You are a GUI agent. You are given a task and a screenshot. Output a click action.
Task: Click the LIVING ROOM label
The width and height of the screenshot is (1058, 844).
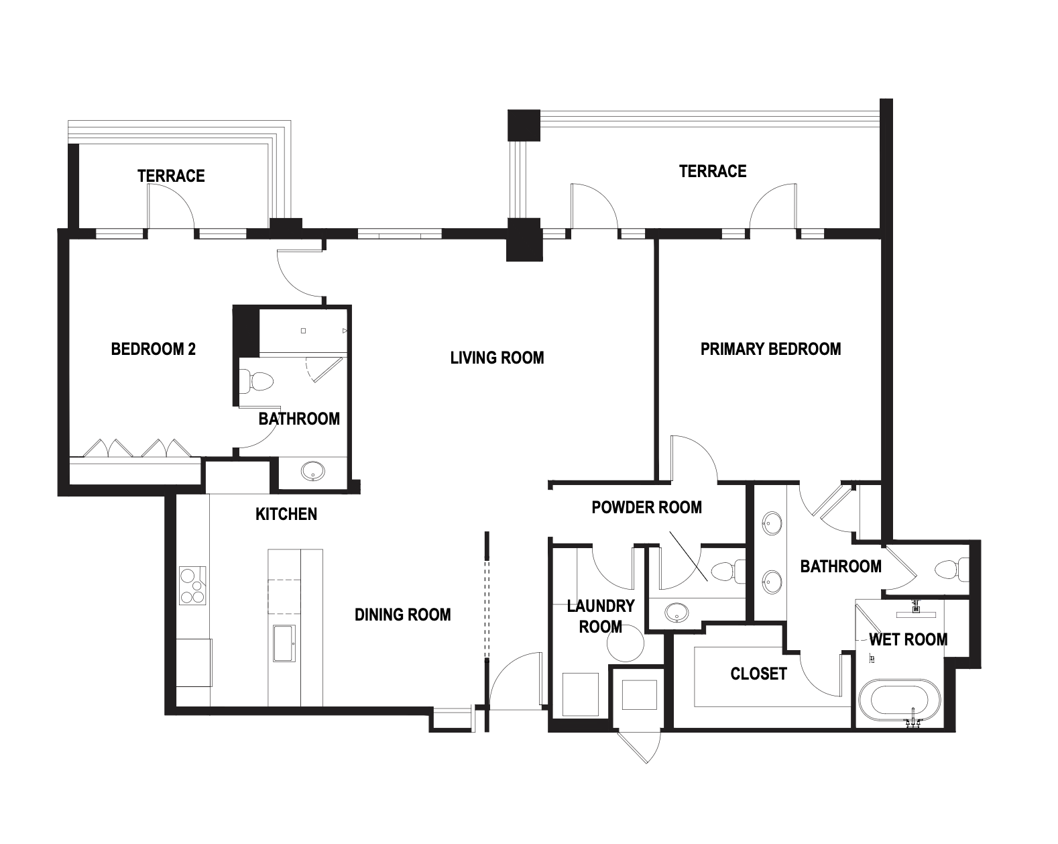pos(497,358)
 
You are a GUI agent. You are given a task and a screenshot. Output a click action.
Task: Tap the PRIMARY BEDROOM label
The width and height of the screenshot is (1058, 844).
pos(770,349)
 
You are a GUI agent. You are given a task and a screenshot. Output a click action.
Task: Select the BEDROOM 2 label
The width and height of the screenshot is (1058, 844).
pos(154,349)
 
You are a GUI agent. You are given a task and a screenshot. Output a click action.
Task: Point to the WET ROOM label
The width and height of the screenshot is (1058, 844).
pos(908,639)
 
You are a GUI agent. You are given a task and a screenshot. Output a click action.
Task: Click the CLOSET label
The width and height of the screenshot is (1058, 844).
pos(758,674)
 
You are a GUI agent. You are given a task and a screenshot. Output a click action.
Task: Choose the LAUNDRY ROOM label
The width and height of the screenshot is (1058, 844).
pos(601,616)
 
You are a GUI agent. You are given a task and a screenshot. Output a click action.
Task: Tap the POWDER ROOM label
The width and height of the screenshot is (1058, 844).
pos(646,507)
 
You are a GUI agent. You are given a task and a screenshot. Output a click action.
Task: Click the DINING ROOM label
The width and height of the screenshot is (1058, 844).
pos(403,615)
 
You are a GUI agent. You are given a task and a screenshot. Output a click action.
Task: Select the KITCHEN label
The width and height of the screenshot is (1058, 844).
pos(286,515)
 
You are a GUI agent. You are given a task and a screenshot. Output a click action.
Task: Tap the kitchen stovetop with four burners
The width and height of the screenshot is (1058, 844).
pos(192,586)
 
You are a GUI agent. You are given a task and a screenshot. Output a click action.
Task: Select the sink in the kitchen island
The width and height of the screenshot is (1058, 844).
pos(284,643)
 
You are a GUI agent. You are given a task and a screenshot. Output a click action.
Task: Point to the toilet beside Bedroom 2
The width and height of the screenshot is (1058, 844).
pos(256,381)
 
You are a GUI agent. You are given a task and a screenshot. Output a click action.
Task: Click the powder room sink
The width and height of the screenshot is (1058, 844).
pos(677,613)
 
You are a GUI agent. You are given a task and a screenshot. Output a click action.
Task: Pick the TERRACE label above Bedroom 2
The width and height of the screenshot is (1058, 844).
pos(171,176)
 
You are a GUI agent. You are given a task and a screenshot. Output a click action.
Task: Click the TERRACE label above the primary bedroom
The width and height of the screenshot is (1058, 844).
pos(713,171)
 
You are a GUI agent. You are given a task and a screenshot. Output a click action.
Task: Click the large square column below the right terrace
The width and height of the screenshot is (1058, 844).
pos(524,240)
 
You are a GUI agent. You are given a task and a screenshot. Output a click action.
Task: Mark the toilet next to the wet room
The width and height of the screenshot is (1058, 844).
pos(952,570)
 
